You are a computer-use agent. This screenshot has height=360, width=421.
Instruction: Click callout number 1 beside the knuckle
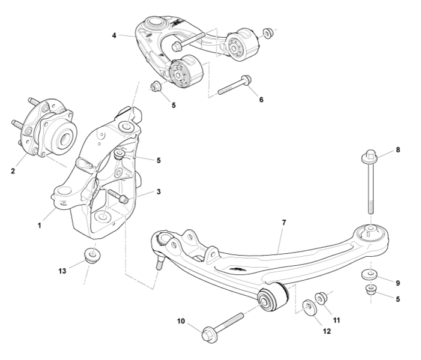click(x=40, y=226)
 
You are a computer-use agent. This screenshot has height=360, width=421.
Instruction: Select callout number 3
click(x=158, y=192)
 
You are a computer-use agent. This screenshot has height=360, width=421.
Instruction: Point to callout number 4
click(x=114, y=35)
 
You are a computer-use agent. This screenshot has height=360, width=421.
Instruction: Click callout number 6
click(x=261, y=100)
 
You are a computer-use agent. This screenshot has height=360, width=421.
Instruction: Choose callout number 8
click(x=398, y=149)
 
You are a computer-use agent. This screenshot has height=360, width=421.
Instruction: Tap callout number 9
click(x=397, y=283)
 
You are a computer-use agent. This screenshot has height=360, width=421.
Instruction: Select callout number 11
click(x=336, y=320)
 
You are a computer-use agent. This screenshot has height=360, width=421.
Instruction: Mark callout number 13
click(x=62, y=271)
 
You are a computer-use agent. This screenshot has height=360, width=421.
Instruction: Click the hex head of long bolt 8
click(x=367, y=159)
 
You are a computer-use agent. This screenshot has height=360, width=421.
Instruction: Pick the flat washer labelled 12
click(x=308, y=308)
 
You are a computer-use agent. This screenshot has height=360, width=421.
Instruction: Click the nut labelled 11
click(x=320, y=298)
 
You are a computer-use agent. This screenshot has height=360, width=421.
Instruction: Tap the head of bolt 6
click(x=246, y=81)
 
